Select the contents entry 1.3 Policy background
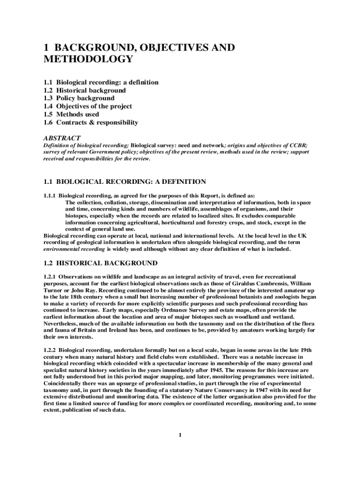click(x=79, y=98)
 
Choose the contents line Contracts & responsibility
click(x=97, y=123)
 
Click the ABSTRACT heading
click(x=62, y=138)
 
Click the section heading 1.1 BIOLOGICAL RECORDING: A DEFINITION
click(x=124, y=181)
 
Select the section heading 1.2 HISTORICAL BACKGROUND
click(x=100, y=263)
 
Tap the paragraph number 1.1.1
click(x=50, y=196)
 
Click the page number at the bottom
click(x=180, y=436)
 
